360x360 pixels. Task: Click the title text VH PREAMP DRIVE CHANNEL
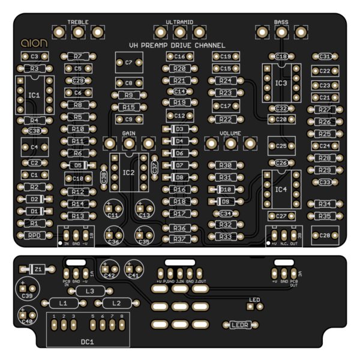pos(178,46)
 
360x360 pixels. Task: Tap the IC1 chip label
pos(34,95)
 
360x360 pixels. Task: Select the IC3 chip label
pos(280,83)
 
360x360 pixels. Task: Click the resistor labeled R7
pos(78,56)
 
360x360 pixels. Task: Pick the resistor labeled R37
pos(179,239)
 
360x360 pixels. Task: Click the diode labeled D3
pos(179,129)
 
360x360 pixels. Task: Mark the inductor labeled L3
pos(90,291)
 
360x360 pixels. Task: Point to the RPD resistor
pos(34,235)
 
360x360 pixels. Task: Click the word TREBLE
pos(78,22)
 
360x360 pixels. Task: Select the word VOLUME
pos(230,133)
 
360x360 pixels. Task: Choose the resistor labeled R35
pos(325,215)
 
